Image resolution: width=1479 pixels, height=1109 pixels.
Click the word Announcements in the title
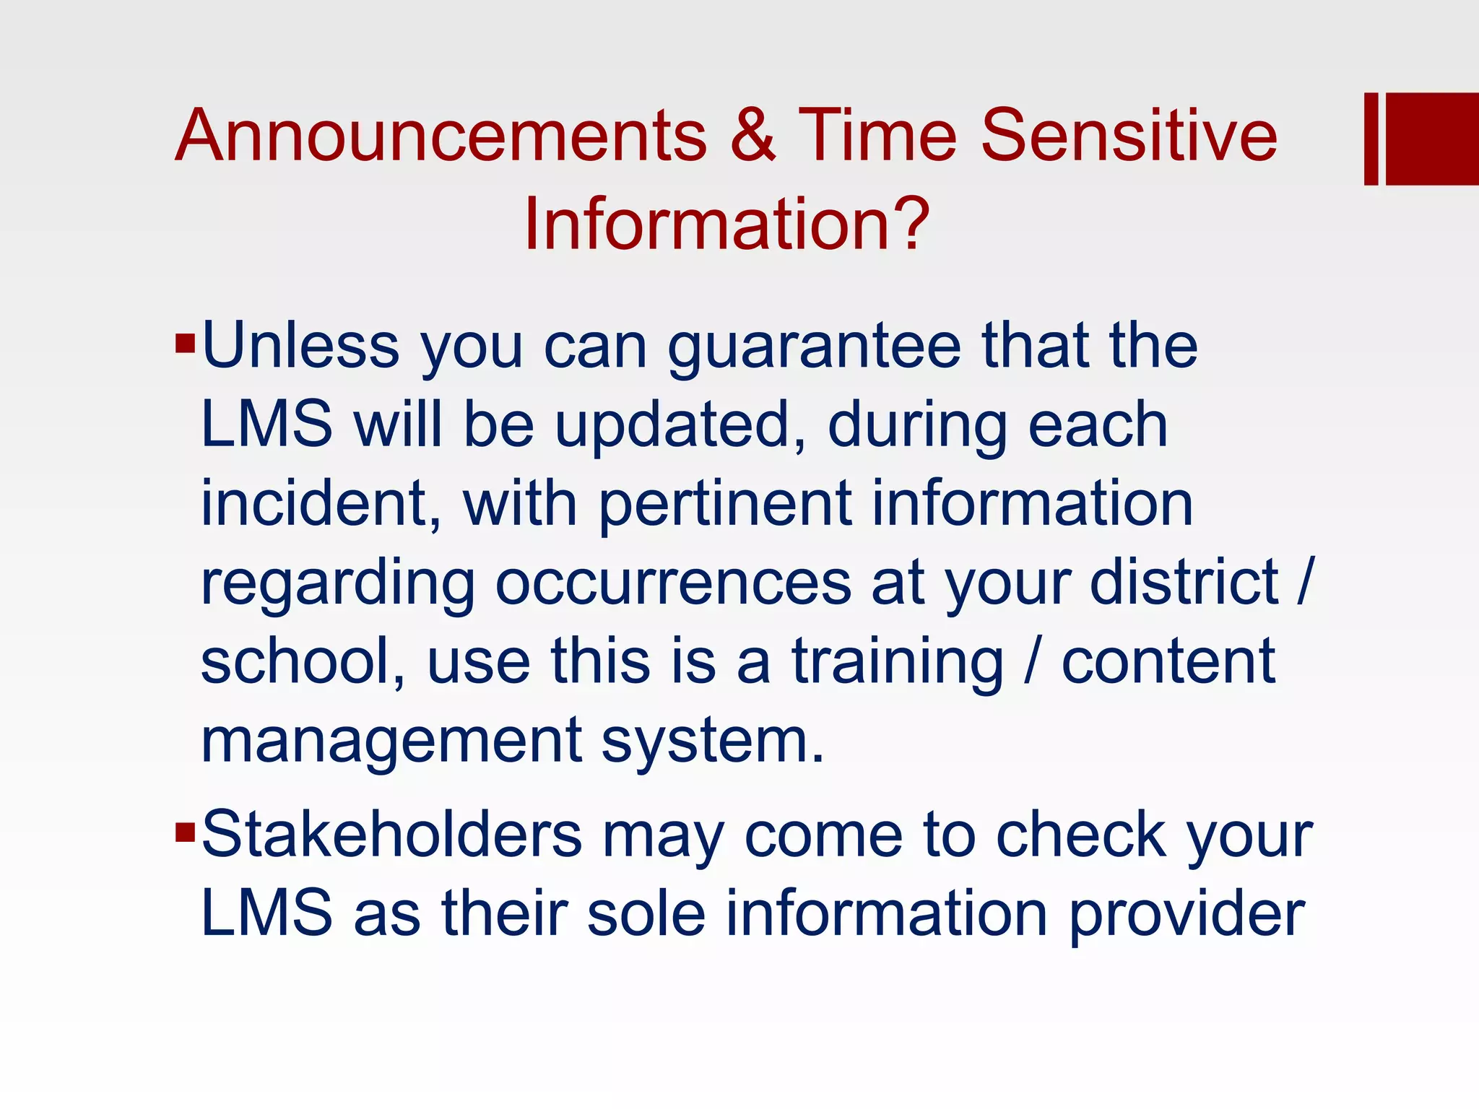(x=441, y=135)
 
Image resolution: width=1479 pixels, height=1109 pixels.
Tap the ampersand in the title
(x=752, y=135)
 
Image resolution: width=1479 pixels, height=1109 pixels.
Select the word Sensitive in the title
(x=1128, y=135)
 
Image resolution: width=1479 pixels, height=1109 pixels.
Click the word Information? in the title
(x=726, y=224)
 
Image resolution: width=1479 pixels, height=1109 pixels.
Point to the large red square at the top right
(x=1431, y=139)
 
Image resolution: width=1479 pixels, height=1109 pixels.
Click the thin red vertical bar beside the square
(x=1371, y=139)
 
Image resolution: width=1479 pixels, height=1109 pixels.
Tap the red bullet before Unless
(x=185, y=343)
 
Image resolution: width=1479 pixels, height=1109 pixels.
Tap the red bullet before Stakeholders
(x=185, y=832)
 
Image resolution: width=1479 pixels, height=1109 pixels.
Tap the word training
(x=898, y=663)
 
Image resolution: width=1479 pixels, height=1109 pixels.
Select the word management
(x=391, y=742)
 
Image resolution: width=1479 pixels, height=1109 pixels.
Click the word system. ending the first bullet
(x=713, y=742)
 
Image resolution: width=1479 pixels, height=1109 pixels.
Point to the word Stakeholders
(x=391, y=835)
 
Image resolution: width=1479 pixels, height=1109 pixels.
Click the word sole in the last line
(x=646, y=913)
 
